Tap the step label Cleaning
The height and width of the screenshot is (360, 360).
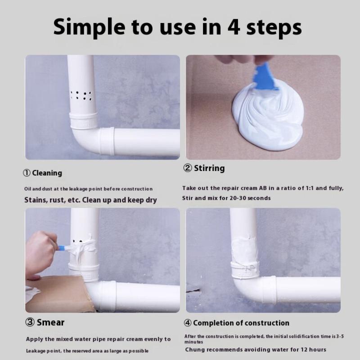coord(47,173)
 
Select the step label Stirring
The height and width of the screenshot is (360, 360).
coord(209,168)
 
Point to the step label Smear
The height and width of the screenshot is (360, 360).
coord(50,322)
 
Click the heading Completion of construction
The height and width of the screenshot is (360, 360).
coord(241,323)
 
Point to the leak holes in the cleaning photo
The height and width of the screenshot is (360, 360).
coord(81,95)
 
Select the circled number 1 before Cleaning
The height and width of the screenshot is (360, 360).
coord(27,173)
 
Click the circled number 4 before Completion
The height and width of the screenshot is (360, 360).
coord(188,323)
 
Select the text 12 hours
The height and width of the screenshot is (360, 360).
coord(312,350)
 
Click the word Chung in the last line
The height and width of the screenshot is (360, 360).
coord(195,350)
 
